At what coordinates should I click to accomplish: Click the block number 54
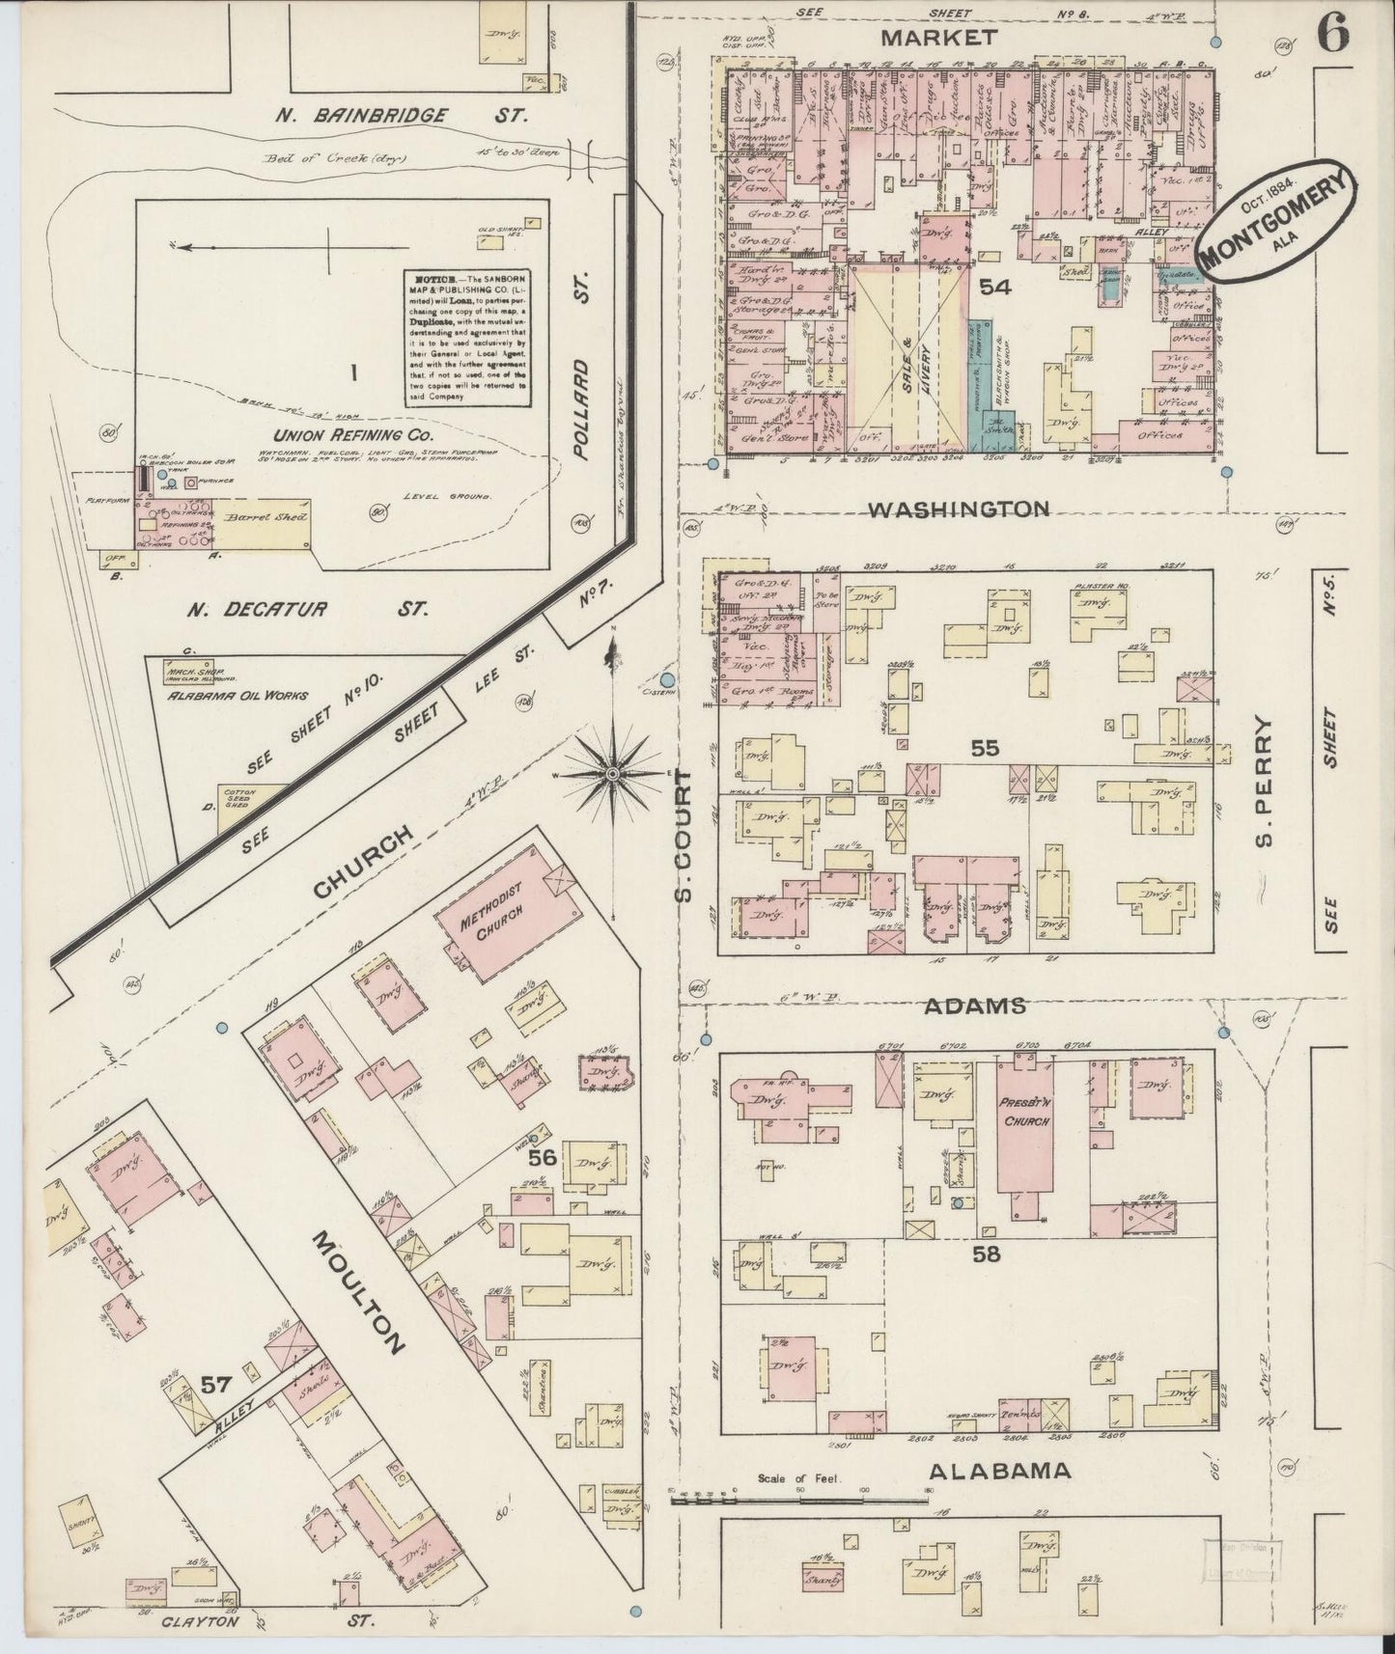(995, 287)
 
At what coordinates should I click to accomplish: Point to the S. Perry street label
(1266, 782)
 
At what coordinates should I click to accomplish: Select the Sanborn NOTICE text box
(466, 336)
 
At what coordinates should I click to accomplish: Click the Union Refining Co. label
(331, 435)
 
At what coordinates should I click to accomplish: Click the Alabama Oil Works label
(237, 695)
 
